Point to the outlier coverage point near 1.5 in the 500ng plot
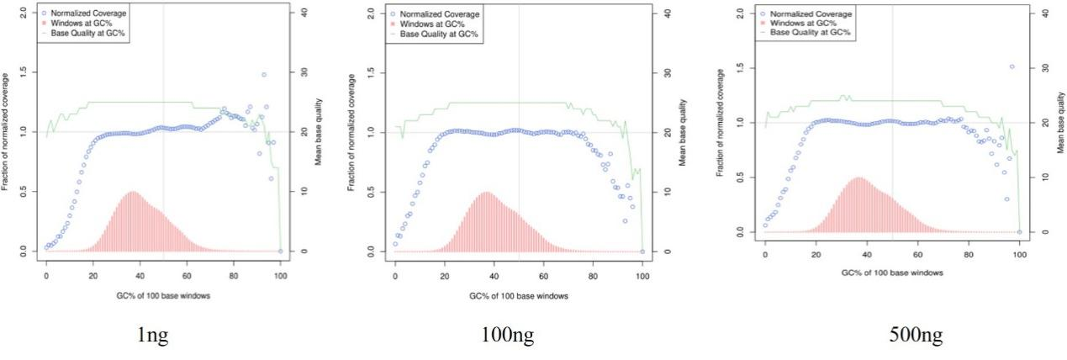pos(1012,66)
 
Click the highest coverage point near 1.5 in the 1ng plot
pos(263,75)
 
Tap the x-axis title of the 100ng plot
pos(507,296)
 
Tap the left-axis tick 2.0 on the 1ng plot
pos(25,13)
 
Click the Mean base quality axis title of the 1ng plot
pos(317,131)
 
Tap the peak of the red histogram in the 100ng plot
pos(486,193)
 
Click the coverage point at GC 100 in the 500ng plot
pos(1019,231)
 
